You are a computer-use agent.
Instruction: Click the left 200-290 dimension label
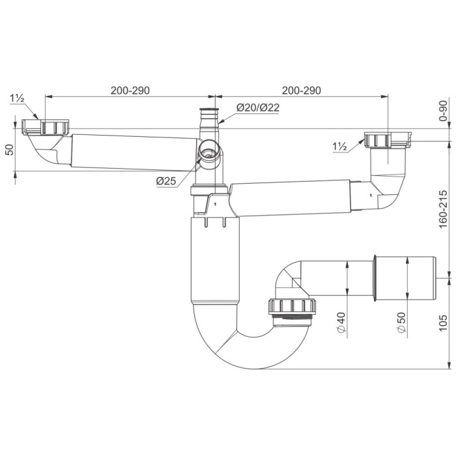(x=130, y=91)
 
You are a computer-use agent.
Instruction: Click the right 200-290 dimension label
(x=302, y=91)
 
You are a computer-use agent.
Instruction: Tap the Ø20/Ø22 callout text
(x=258, y=107)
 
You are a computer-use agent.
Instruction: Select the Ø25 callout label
(x=166, y=181)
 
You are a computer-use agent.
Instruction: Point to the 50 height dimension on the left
(x=10, y=150)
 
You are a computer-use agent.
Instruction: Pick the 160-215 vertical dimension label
(x=442, y=209)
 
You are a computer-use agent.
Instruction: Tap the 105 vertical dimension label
(x=442, y=323)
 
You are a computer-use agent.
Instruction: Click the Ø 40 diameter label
(x=341, y=323)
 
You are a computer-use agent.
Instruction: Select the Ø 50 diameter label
(x=401, y=323)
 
